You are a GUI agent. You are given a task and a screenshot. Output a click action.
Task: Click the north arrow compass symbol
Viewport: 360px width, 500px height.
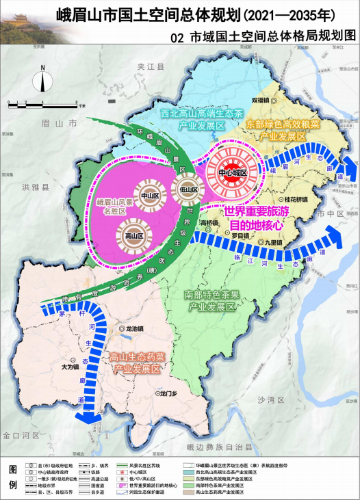(x=42, y=79)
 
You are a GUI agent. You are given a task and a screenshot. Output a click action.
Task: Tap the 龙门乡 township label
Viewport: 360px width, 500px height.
(x=168, y=393)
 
